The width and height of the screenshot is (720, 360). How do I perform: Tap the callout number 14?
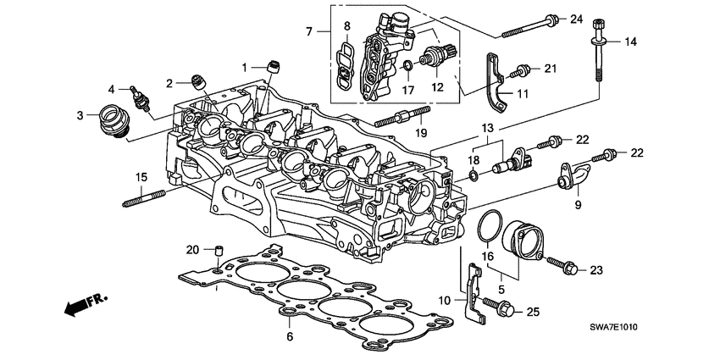[x=630, y=42]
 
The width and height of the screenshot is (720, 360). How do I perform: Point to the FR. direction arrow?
[x=80, y=303]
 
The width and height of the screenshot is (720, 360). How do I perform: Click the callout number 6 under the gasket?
[x=290, y=336]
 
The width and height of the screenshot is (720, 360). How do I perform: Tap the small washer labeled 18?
[x=471, y=175]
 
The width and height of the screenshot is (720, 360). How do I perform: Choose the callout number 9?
[x=578, y=203]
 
